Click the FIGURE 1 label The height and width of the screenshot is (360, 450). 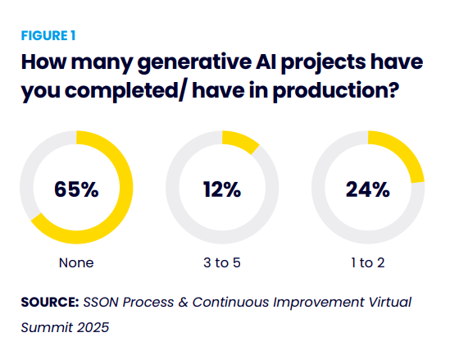[x=48, y=36]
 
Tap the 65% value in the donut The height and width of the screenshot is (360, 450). [x=76, y=189]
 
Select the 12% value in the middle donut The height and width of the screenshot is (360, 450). [x=222, y=189]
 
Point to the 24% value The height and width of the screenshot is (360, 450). [x=368, y=189]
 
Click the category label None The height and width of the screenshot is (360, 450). [x=76, y=262]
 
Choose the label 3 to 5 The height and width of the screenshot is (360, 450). [x=222, y=262]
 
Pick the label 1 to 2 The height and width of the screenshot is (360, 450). [x=368, y=262]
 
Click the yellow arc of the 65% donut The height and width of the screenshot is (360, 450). [x=125, y=187]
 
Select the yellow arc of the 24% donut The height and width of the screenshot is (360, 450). [x=405, y=153]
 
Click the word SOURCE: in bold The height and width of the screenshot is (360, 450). [x=50, y=303]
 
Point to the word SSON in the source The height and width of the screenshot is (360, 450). [x=101, y=303]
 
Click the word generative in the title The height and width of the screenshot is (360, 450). [x=194, y=63]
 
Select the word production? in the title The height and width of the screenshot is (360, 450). [x=336, y=91]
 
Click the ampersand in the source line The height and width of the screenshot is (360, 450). [x=183, y=303]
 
